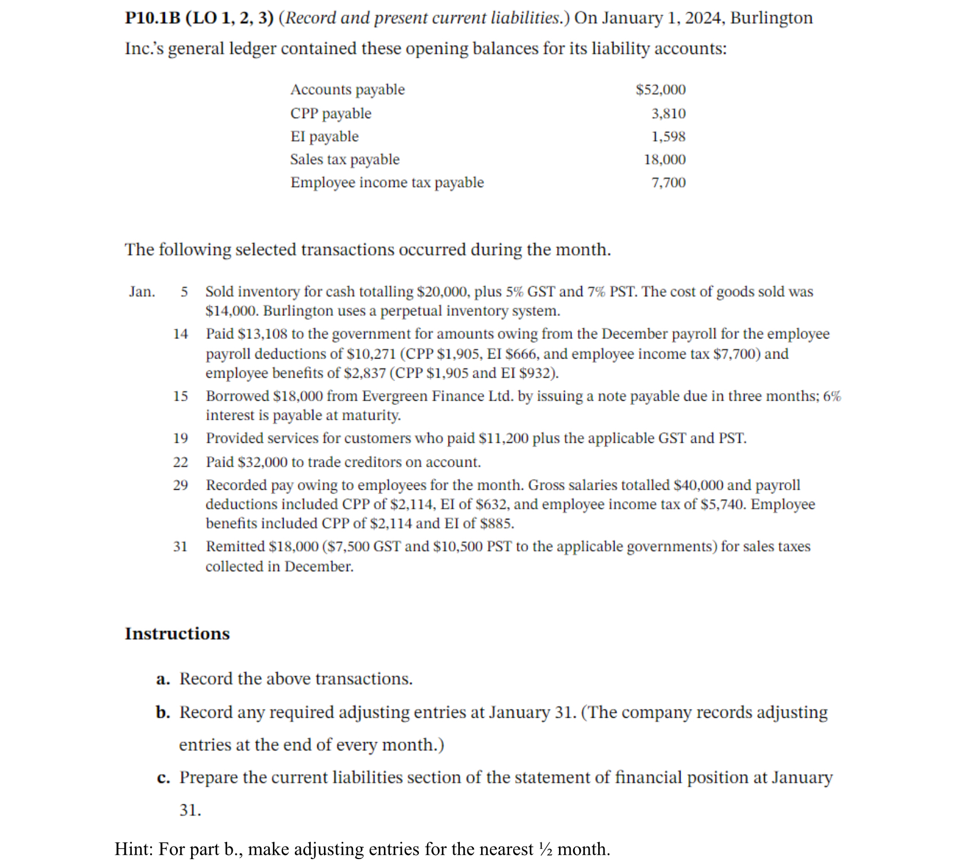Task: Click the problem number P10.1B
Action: tap(152, 18)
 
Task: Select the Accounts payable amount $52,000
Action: tap(660, 90)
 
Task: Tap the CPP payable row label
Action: tap(330, 113)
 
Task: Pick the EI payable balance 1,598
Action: tap(668, 137)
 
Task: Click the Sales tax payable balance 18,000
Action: tap(664, 160)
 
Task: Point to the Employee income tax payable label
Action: tap(387, 183)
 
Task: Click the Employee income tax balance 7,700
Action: tap(668, 183)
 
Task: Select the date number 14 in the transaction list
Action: tap(180, 334)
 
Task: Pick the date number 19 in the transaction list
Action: tap(180, 439)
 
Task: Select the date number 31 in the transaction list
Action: tap(180, 547)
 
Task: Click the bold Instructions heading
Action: tap(177, 634)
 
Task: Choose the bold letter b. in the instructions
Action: tap(163, 712)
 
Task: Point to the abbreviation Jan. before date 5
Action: tap(142, 292)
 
